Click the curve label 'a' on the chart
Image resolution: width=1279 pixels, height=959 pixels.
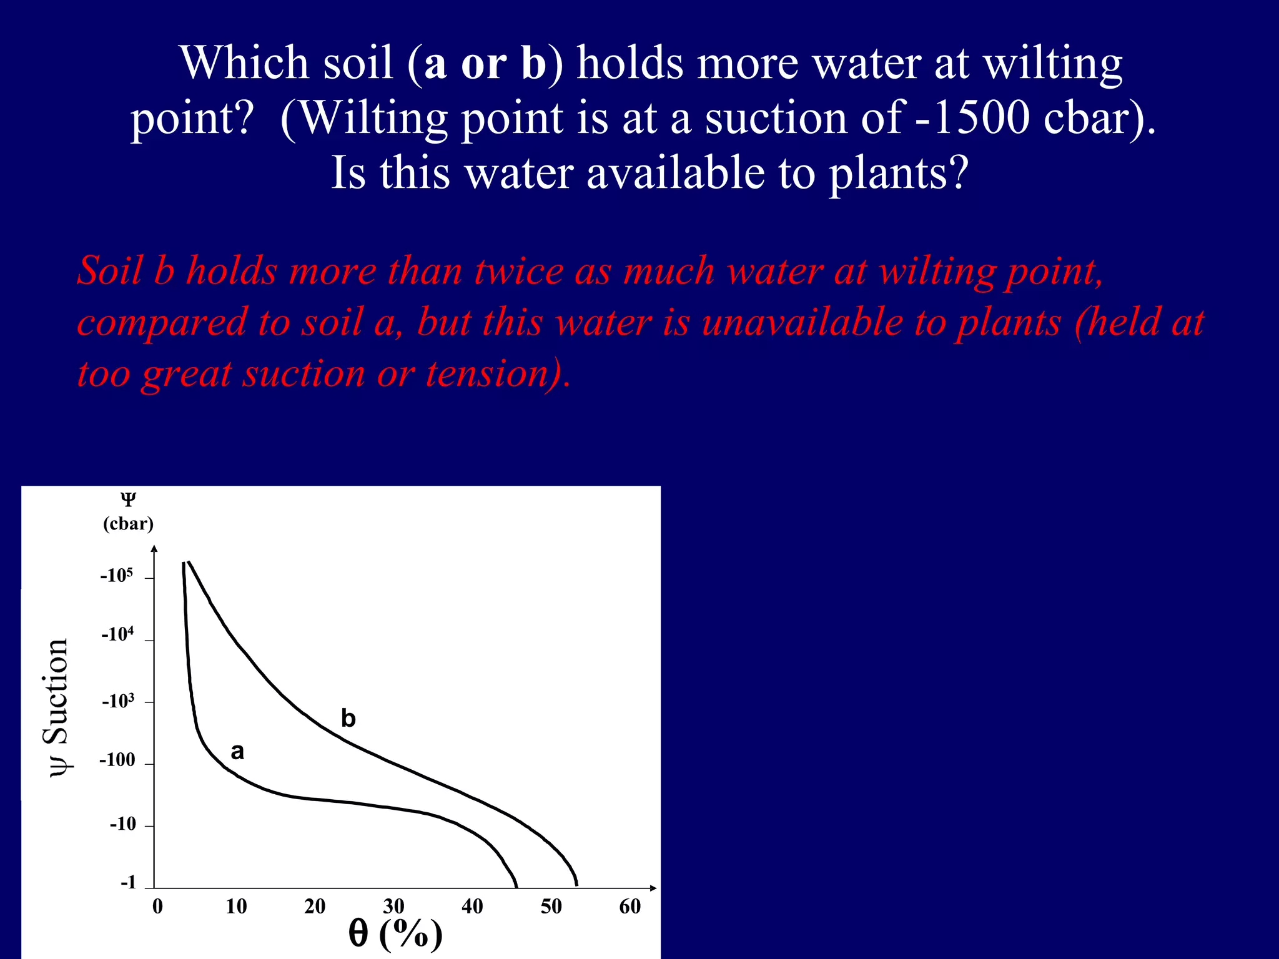point(237,752)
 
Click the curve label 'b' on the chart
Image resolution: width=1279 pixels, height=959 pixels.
point(348,719)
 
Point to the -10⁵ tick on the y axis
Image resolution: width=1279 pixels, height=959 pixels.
point(117,576)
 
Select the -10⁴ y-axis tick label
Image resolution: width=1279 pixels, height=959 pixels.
point(117,635)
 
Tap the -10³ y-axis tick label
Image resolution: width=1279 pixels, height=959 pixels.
point(118,702)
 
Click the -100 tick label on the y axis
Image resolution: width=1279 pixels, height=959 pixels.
point(117,760)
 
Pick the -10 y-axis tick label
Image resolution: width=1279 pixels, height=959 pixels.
point(123,824)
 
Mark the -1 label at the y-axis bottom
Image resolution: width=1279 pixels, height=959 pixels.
point(128,882)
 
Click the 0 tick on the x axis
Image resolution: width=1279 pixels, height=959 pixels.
point(157,907)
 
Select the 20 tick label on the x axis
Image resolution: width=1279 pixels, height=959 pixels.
point(315,907)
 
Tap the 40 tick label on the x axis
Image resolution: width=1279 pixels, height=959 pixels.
point(472,907)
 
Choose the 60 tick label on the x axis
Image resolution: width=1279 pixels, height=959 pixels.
point(630,907)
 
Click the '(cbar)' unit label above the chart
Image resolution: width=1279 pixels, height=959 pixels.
point(128,523)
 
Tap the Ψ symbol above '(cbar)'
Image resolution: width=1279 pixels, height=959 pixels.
point(128,499)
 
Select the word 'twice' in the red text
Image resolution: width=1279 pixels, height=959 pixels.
point(518,272)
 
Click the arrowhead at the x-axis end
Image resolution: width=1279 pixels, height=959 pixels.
point(653,888)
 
